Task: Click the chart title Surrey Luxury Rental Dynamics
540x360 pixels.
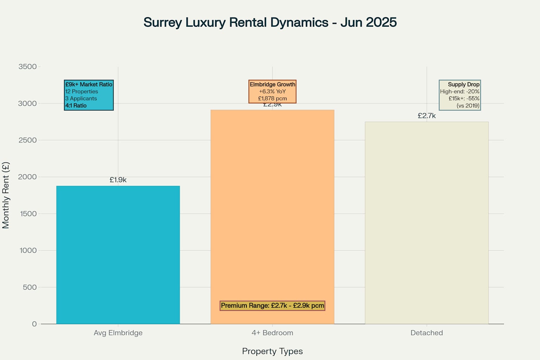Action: point(270,22)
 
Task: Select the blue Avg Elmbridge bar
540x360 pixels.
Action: point(118,255)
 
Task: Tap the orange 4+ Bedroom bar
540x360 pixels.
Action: point(272,211)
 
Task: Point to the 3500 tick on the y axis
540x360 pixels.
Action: point(27,67)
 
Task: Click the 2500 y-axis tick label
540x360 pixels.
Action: point(27,140)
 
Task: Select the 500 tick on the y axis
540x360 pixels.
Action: point(30,287)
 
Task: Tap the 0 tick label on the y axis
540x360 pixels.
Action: point(34,324)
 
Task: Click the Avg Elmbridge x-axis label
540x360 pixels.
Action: point(118,333)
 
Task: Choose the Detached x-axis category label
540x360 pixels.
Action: point(426,333)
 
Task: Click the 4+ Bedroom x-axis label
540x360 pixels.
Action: point(272,333)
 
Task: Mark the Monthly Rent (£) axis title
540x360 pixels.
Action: point(6,195)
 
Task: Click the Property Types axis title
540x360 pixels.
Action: point(272,351)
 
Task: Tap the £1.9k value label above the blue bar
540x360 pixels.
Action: point(118,180)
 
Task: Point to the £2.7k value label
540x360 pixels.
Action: point(426,116)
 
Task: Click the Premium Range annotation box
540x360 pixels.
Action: point(272,306)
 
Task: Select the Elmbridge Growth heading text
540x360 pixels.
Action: point(272,84)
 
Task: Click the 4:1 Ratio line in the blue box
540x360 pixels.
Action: point(76,105)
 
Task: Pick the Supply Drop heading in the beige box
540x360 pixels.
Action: point(463,84)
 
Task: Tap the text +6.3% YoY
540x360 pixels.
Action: point(272,91)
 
